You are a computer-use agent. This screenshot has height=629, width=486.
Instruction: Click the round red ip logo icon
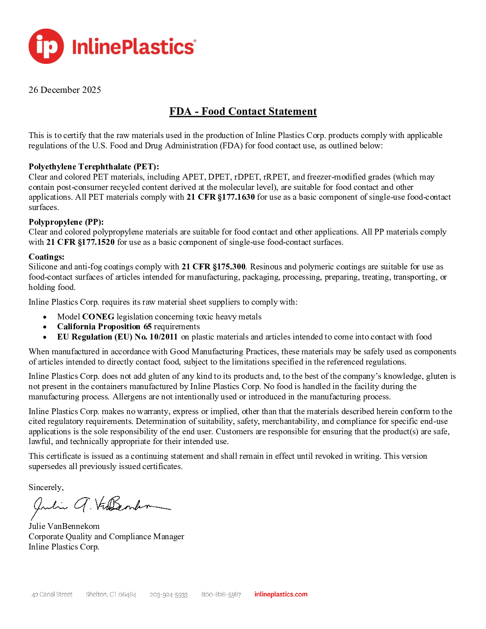coord(46,46)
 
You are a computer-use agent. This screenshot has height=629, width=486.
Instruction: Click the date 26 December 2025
coord(65,90)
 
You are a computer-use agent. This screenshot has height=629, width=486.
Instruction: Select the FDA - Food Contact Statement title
coord(243,111)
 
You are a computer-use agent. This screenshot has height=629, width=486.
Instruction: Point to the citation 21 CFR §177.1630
coord(221,197)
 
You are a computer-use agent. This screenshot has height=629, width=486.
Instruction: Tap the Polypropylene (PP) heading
coord(66,222)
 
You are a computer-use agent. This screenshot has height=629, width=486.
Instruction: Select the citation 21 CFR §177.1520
coord(80,242)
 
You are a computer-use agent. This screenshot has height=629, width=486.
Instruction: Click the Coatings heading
coord(46,257)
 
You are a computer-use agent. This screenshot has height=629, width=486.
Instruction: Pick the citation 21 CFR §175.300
coord(214,267)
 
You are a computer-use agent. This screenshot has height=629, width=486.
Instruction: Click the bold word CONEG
coord(98,317)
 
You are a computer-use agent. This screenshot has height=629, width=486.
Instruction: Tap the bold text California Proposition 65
coord(105,327)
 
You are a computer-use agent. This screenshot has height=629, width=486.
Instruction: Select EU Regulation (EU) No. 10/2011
coord(117,337)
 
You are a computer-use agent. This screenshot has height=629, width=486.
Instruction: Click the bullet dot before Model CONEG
coord(45,317)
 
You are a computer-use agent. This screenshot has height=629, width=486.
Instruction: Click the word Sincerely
coord(46,487)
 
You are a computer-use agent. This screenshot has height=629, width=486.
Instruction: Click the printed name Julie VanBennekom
coord(64,526)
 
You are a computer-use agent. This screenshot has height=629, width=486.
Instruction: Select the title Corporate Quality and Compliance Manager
coord(106,537)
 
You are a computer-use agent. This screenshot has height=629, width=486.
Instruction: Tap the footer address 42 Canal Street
coord(52,595)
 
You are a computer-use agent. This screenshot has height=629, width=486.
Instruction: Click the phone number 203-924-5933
coord(168,595)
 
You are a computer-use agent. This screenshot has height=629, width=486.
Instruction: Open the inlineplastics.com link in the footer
coord(281,594)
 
